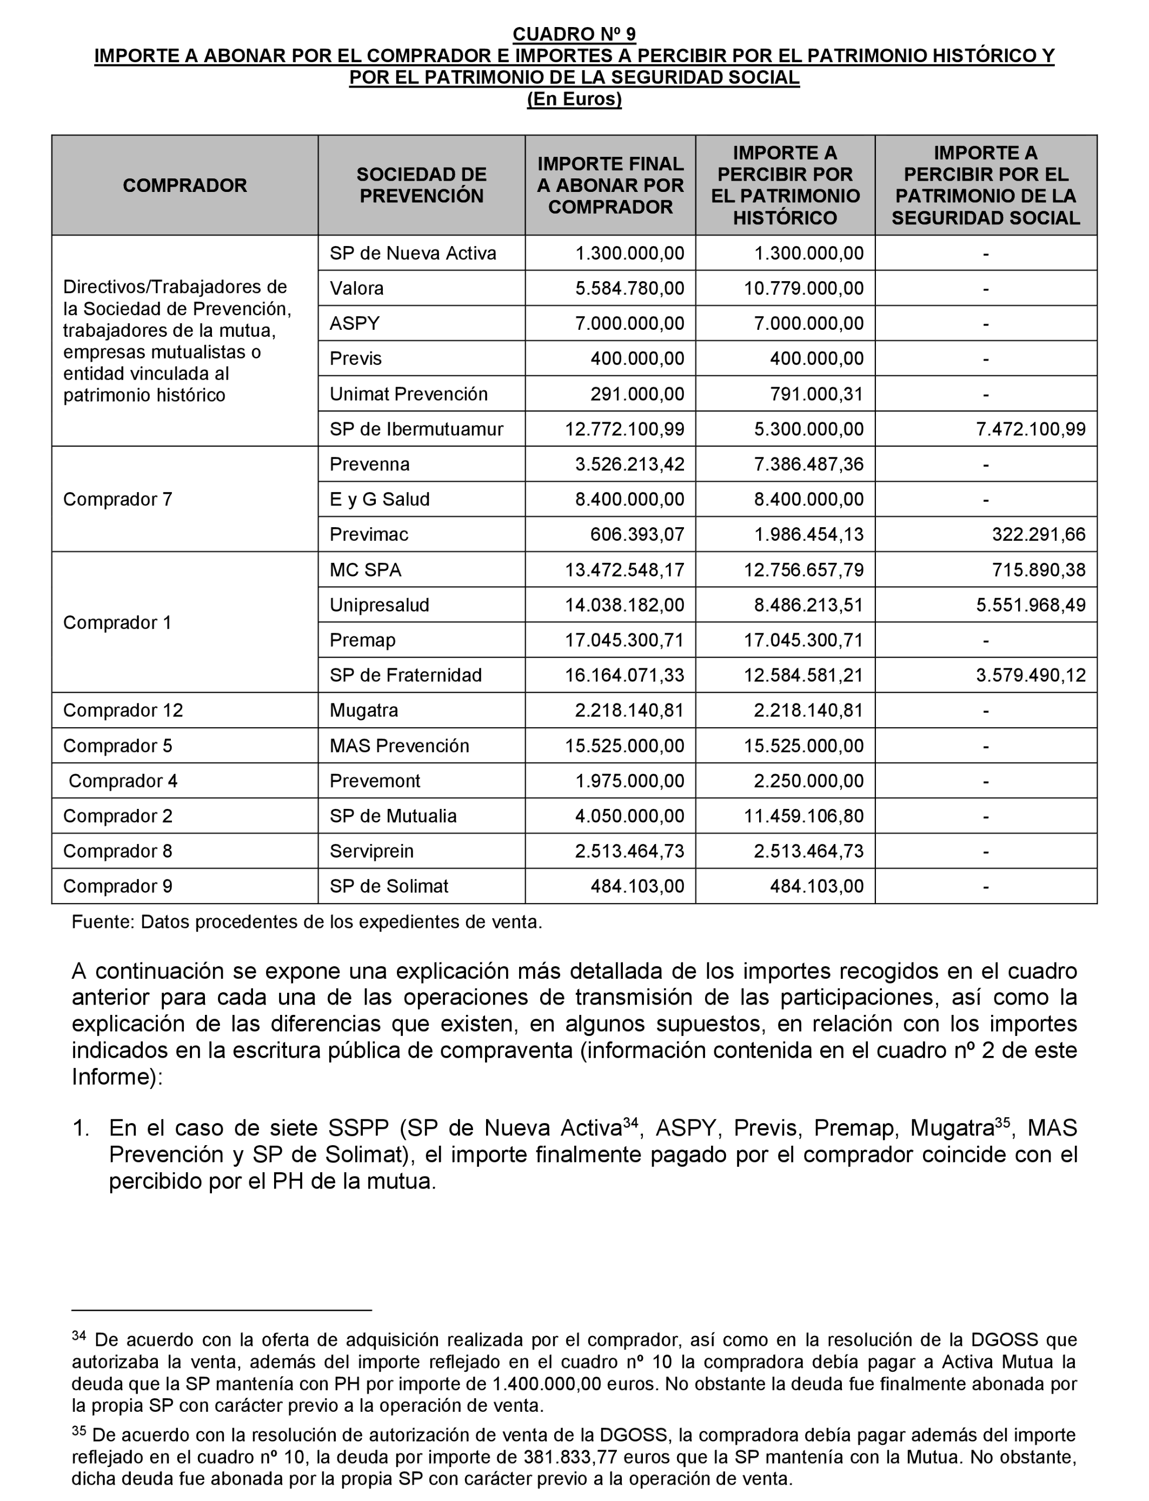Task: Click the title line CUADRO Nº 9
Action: point(574,34)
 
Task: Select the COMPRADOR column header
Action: point(185,185)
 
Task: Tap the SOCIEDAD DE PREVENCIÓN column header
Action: point(421,185)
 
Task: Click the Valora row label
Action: point(356,289)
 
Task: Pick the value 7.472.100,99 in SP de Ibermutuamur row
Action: point(1031,429)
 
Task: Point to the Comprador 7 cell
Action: point(118,499)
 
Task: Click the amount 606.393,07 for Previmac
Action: point(637,535)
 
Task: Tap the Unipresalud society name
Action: point(379,605)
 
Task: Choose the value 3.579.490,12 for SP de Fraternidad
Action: point(1031,676)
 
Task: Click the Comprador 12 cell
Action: point(123,710)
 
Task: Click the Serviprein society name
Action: point(371,852)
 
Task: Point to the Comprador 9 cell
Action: point(118,886)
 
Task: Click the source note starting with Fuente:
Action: point(307,922)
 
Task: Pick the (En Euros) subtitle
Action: point(574,99)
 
